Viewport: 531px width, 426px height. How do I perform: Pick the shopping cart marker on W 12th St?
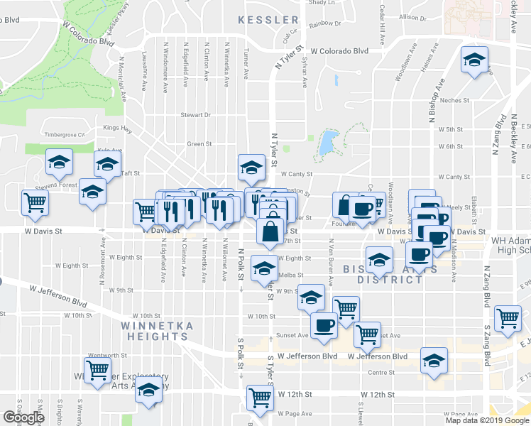(x=261, y=398)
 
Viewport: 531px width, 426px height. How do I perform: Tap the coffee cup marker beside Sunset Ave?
(x=324, y=325)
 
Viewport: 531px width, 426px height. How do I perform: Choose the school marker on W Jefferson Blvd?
(x=434, y=361)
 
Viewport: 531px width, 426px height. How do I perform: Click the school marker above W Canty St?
(x=251, y=168)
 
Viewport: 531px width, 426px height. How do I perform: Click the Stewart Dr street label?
(x=195, y=114)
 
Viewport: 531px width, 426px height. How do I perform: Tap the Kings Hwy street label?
(x=117, y=129)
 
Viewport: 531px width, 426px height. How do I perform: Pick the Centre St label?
(x=381, y=372)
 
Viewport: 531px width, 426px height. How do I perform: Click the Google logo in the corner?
(x=23, y=417)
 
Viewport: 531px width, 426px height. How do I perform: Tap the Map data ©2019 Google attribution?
(x=486, y=420)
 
